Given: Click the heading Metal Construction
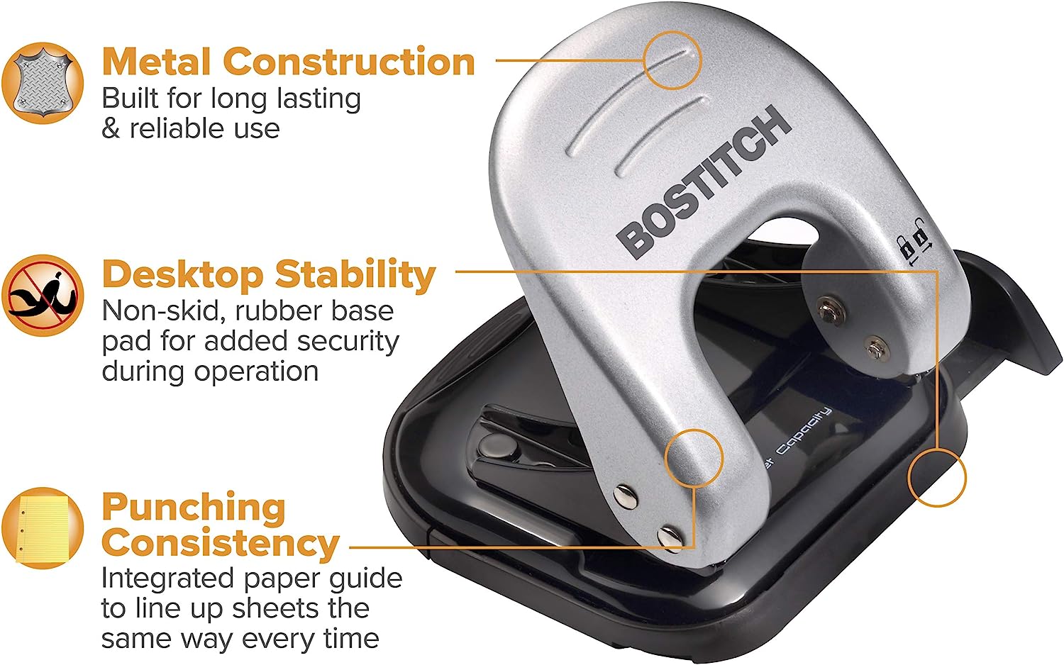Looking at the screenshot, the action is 288,62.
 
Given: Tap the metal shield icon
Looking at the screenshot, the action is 43,84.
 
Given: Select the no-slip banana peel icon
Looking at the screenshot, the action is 43,295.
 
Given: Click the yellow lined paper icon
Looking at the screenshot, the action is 43,528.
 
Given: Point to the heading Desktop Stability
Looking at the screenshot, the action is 269,275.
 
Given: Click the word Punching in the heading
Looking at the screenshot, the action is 194,508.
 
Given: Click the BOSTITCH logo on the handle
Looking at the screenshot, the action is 704,183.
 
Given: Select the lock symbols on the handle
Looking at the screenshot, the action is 915,242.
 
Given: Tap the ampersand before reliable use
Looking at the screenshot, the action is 111,128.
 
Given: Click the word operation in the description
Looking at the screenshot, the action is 256,371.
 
